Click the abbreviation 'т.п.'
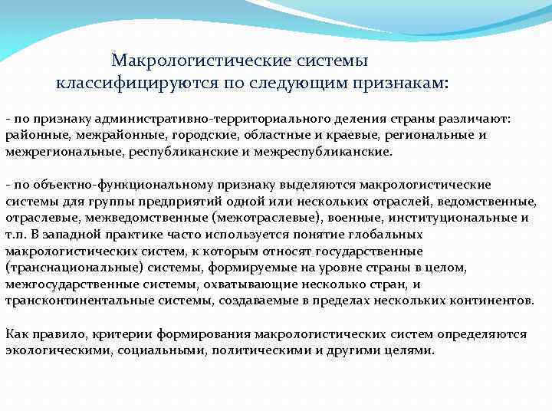pyautogui.click(x=16, y=234)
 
